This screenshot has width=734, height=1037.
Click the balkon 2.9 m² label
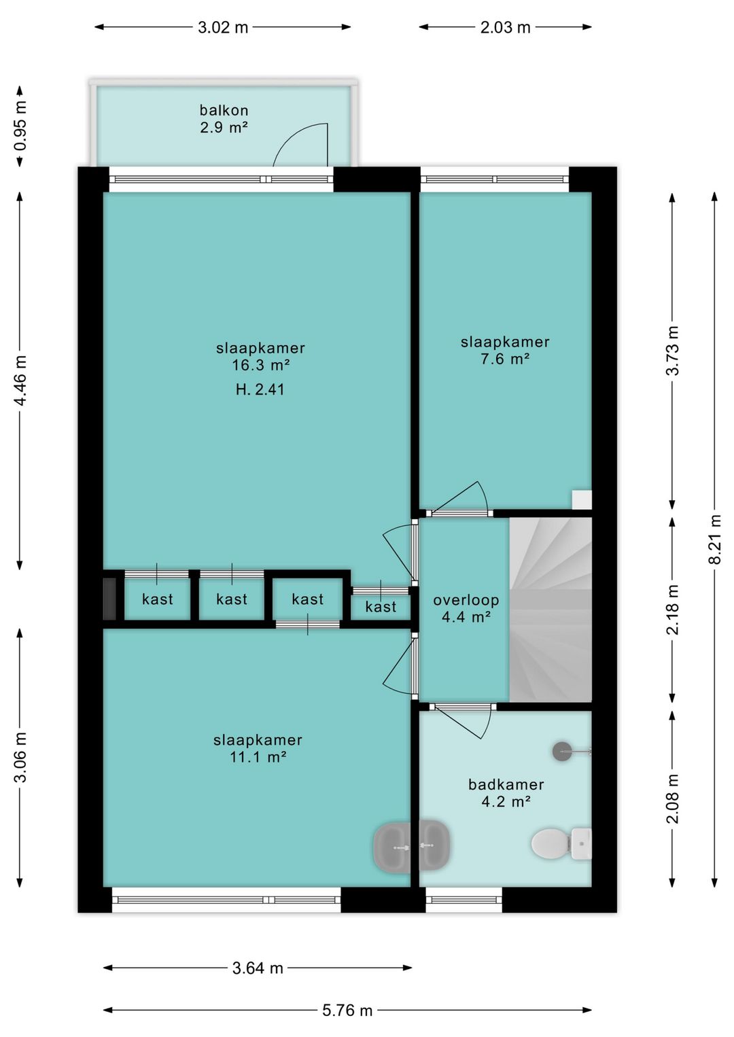[x=224, y=118]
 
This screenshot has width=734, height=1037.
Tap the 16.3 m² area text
[x=261, y=365]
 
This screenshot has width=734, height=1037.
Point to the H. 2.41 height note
[x=260, y=389]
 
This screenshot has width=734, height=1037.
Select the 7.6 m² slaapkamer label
[x=505, y=350]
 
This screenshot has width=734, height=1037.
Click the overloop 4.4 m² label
[x=466, y=608]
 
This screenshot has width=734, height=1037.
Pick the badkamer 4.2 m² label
[x=506, y=792]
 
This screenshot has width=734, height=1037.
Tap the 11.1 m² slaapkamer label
[x=258, y=748]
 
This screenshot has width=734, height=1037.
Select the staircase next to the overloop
[x=550, y=610]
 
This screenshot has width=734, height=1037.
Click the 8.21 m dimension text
[x=716, y=540]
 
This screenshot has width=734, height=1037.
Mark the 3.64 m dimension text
[x=258, y=968]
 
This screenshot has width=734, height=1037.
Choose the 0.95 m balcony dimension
[x=20, y=126]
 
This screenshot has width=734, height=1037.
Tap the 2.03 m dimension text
[x=505, y=27]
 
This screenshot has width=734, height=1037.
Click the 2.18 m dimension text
[x=672, y=610]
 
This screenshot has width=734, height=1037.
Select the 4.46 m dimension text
[x=20, y=381]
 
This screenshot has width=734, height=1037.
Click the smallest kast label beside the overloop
[x=381, y=606]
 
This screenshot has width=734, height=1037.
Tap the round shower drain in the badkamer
[x=562, y=752]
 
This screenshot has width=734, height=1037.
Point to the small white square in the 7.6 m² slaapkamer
[x=582, y=500]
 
